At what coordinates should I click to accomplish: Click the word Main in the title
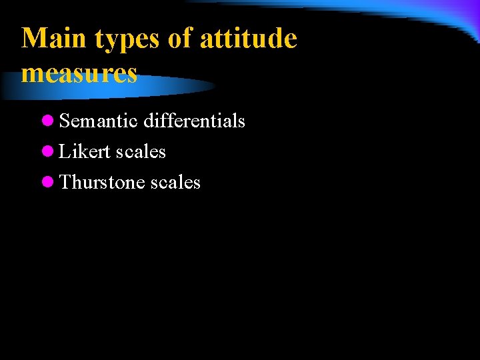click(55, 39)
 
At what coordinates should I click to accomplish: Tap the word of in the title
click(180, 39)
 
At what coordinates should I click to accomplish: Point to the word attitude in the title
click(248, 39)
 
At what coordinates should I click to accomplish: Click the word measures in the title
click(79, 73)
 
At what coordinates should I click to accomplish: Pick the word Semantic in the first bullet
click(99, 121)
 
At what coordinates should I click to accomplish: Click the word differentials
click(194, 121)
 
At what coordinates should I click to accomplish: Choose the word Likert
click(85, 152)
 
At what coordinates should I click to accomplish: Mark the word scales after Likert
click(141, 152)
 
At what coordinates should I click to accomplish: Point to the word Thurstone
click(102, 183)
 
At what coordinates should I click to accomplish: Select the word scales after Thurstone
click(175, 183)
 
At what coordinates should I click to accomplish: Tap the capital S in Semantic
click(65, 121)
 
